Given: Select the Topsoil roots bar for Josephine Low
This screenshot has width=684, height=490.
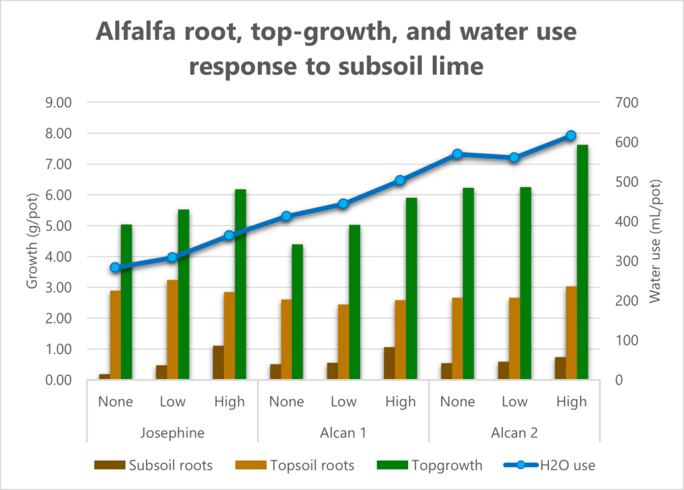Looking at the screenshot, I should point(172,330).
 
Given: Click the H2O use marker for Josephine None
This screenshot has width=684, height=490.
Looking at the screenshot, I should point(115,267).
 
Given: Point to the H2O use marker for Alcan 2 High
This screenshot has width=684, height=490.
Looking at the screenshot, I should point(571,136).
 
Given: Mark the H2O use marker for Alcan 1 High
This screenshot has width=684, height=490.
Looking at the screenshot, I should point(400,180).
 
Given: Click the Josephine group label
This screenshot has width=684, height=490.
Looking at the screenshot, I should point(172,433).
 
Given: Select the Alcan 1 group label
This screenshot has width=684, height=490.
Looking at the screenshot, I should point(343,433).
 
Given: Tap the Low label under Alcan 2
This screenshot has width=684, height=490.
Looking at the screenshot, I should point(514,402).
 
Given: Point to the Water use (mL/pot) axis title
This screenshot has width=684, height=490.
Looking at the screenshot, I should point(655,241).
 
